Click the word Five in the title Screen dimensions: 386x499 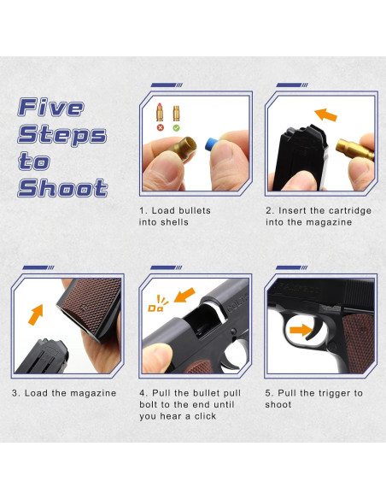51,108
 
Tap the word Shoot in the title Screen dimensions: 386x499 62,188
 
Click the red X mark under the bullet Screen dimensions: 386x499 161,127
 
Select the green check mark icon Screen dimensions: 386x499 176,127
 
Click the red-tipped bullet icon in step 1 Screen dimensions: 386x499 160,112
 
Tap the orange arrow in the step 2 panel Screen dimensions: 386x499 325,114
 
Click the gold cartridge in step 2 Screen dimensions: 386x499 354,149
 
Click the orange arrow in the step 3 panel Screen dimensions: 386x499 36,314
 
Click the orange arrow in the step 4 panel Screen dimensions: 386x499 184,295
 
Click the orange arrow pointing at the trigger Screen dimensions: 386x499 301,330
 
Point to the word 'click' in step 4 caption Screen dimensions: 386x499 205,416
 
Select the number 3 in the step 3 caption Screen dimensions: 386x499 15,393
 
